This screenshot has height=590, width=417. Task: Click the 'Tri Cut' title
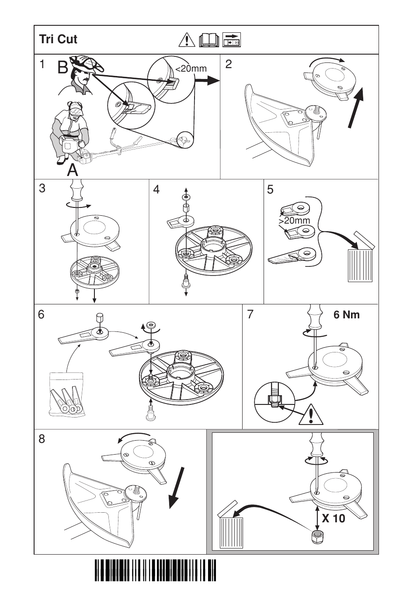point(58,39)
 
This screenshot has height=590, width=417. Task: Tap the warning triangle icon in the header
point(187,40)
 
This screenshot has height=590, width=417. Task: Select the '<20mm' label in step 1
point(191,69)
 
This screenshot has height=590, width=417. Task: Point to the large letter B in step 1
point(63,68)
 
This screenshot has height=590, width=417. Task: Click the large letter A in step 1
point(73,170)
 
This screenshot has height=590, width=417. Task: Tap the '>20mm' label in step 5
point(294,221)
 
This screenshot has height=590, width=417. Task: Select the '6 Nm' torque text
point(347,315)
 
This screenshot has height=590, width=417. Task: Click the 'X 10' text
point(334,519)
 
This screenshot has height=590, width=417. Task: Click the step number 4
point(156,189)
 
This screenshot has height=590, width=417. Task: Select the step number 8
point(42,439)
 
